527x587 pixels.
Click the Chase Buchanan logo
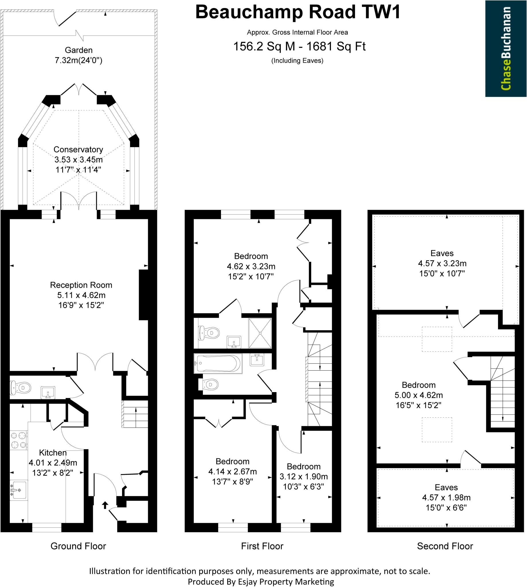tap(506, 48)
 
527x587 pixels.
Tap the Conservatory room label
tap(78, 149)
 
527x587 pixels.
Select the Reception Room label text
tap(81, 285)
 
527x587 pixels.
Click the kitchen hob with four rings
tap(19, 440)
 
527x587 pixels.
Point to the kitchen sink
tap(19, 490)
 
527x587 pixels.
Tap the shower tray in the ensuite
tap(260, 333)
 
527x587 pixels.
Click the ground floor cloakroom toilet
tap(21, 387)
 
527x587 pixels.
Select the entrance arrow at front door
tap(105, 505)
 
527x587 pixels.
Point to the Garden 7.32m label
tap(79, 55)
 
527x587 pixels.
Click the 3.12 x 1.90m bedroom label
tap(303, 476)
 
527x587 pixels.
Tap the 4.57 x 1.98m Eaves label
tap(446, 498)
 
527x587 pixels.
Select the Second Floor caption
tap(445, 546)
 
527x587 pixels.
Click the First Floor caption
tap(262, 546)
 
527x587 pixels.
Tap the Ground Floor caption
tap(78, 546)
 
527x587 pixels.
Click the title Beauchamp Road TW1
tap(298, 12)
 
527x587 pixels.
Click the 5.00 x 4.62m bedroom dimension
tap(418, 395)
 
